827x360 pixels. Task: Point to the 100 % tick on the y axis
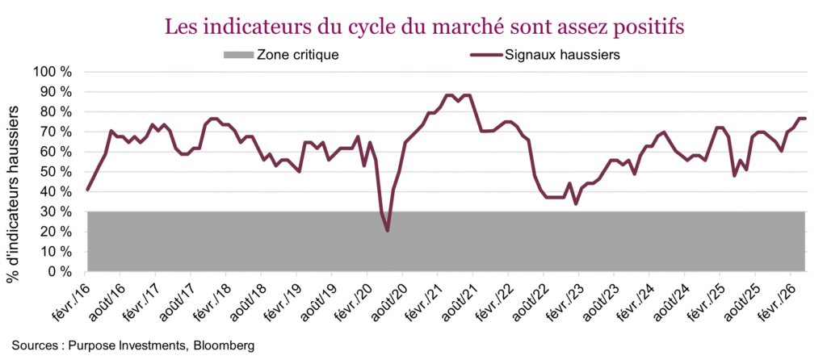(x=54, y=72)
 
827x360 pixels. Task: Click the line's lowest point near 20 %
(x=388, y=231)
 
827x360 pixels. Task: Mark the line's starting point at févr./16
(x=87, y=190)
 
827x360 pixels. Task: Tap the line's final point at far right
(x=805, y=119)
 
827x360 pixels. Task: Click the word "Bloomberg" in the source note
(x=221, y=345)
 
